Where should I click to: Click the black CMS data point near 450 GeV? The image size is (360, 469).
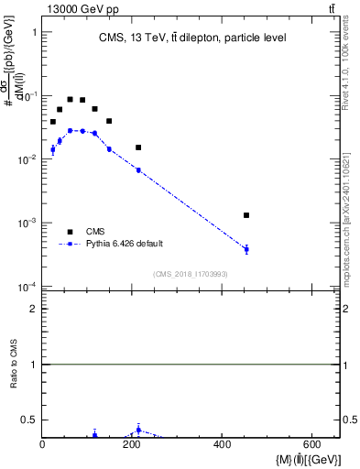(x=246, y=215)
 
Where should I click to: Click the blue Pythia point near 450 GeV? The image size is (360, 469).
(x=246, y=249)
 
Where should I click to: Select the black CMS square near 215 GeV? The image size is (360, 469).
(x=138, y=147)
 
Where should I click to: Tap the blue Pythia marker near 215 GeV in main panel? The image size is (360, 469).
(x=138, y=169)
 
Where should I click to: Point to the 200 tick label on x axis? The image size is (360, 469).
(x=132, y=446)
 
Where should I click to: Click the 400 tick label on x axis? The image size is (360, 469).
(x=222, y=446)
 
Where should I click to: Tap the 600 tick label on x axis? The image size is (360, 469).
(x=311, y=446)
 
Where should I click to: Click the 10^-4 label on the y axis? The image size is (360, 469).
(x=27, y=288)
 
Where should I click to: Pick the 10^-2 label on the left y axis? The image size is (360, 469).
(x=27, y=160)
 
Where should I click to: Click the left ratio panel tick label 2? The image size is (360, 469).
(x=33, y=309)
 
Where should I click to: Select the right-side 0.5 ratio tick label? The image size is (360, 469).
(x=350, y=420)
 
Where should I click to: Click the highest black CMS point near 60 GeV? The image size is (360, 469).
(x=70, y=99)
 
